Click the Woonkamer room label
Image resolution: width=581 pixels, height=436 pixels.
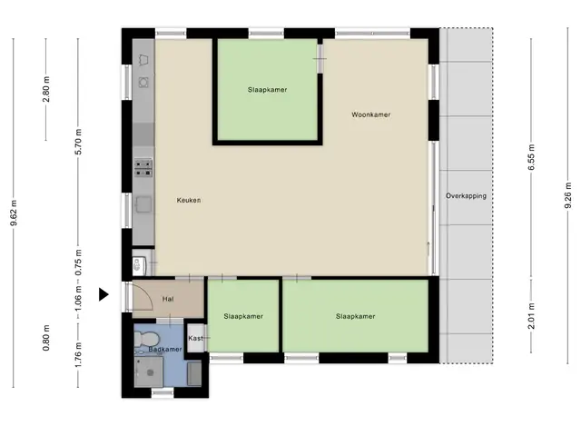(x=371, y=114)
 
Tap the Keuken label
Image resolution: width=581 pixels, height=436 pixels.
(x=189, y=200)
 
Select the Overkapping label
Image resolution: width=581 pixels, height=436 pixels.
(x=466, y=196)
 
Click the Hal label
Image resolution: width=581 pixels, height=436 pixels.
(x=168, y=299)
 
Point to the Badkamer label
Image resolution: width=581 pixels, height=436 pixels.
(x=165, y=349)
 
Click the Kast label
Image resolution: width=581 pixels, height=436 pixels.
(x=195, y=338)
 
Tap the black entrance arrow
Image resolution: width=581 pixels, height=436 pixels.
(x=103, y=294)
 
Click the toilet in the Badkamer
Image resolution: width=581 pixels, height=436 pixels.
(x=146, y=339)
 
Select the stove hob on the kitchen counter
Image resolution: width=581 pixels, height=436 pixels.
(x=143, y=168)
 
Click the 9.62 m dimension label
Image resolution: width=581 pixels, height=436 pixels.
(x=15, y=213)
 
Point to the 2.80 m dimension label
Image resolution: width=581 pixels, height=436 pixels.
(x=46, y=89)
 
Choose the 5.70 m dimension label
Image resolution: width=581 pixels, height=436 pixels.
(x=78, y=142)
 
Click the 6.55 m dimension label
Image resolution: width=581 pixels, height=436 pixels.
(x=532, y=157)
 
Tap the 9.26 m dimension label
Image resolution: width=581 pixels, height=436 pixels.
(x=568, y=195)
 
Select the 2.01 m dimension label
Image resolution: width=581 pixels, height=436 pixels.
(x=532, y=316)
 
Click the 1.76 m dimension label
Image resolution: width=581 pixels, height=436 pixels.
(x=78, y=355)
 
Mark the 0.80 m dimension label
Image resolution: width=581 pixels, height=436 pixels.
(x=46, y=338)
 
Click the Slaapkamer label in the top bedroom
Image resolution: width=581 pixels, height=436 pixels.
(x=267, y=90)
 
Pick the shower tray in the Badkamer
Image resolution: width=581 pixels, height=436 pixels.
(x=149, y=372)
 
